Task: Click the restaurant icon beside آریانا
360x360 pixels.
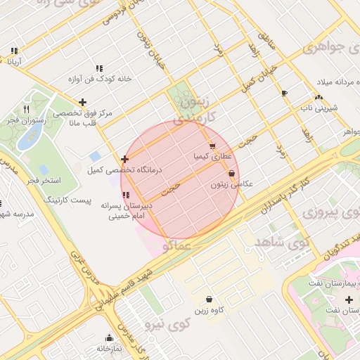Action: click(14, 51)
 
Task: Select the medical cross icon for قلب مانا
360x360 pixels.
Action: click(83, 103)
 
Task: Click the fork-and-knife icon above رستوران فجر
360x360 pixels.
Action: click(27, 109)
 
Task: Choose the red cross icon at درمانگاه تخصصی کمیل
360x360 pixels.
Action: click(124, 159)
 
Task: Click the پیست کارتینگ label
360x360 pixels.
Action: click(67, 200)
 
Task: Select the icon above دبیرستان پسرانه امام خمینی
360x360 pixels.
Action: click(125, 195)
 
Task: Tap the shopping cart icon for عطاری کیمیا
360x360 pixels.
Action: click(212, 146)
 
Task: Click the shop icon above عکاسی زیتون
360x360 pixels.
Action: click(231, 173)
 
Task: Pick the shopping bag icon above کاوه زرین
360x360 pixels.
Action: click(209, 300)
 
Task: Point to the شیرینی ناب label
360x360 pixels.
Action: click(320, 108)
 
